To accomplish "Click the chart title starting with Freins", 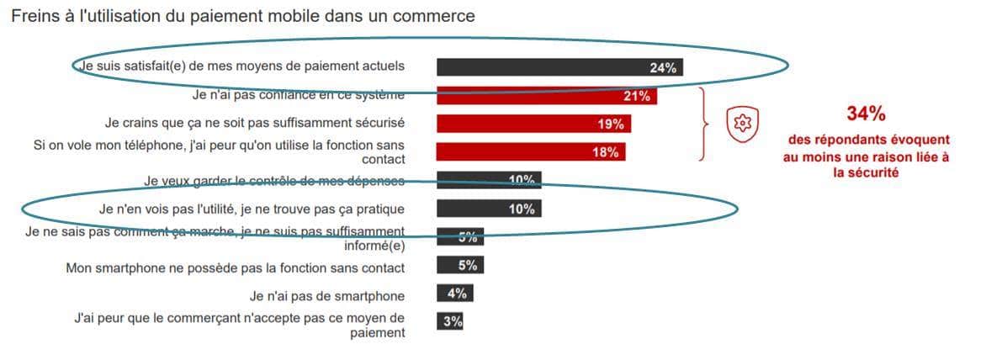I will click(x=242, y=15).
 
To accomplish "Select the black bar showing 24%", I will click(x=559, y=67).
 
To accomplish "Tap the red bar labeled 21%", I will click(x=546, y=96).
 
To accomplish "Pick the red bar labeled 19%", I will click(x=533, y=124).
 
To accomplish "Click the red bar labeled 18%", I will click(x=531, y=151).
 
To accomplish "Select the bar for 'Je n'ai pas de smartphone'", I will click(x=454, y=294).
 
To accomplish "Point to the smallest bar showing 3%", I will click(x=450, y=321).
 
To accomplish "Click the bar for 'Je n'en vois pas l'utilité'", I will click(x=489, y=209).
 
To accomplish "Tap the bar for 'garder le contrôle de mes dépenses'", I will click(x=489, y=180).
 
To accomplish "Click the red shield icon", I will click(x=742, y=124).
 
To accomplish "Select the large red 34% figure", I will click(x=866, y=114).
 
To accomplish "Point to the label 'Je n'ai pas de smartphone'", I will click(x=327, y=296).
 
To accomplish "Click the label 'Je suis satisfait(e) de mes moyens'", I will click(x=241, y=66).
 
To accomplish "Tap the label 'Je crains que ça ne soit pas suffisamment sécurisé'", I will click(x=254, y=123).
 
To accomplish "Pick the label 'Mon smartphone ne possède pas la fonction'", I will click(x=236, y=268).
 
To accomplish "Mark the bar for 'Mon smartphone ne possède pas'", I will click(x=459, y=265).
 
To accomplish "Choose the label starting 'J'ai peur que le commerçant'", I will click(x=240, y=325).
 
